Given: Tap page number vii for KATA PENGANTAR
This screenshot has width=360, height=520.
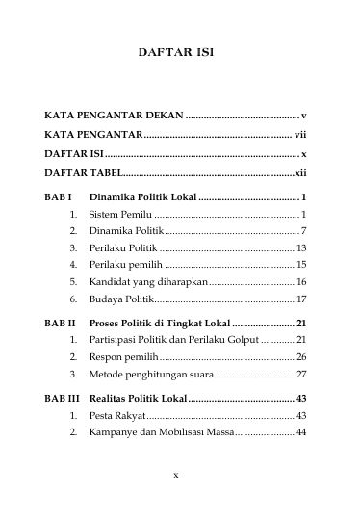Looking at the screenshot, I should tap(300, 135).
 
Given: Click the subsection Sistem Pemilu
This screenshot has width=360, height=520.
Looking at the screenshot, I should tap(120, 214).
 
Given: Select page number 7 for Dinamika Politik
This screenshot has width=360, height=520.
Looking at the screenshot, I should tap(303, 232).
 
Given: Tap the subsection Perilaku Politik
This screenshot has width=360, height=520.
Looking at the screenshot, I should tap(123, 249).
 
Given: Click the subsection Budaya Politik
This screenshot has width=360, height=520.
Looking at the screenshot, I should tap(121, 299).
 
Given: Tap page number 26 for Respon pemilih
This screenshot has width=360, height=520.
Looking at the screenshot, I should tap(300, 358).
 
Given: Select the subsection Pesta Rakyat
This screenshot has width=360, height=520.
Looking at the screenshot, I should tap(117, 416).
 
